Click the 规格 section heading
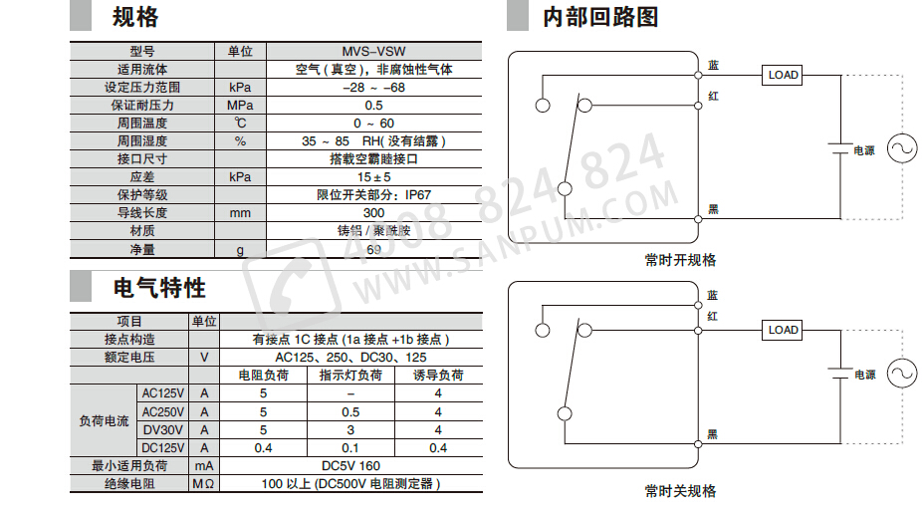135,17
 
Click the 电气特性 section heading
159,288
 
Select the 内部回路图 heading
600,17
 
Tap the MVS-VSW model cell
373,52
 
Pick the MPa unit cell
240,106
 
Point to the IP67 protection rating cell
373,195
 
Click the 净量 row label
142,250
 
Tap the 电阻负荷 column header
263,376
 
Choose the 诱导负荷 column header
438,376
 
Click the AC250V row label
163,411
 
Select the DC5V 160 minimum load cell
350,465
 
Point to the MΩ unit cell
203,484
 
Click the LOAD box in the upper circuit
783,75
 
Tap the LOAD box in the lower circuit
783,330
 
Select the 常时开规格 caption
680,260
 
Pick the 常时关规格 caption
680,491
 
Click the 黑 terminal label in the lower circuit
713,433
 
